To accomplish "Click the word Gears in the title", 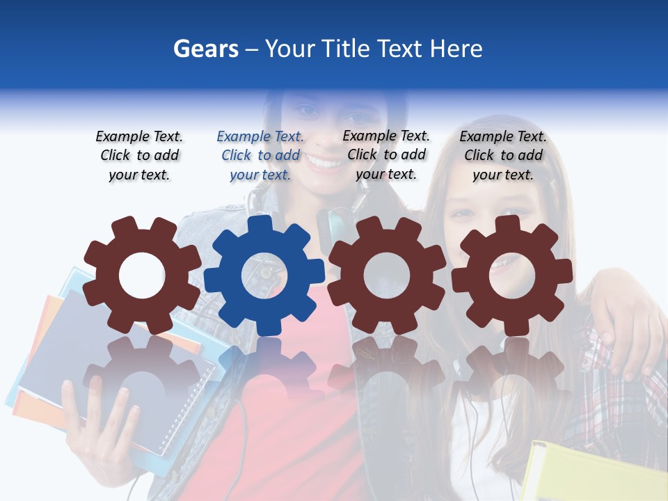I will click(205, 49).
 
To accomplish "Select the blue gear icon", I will click(264, 275).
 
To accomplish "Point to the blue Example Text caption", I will click(260, 156).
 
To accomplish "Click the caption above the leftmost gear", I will click(139, 156).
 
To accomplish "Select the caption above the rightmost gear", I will click(503, 156).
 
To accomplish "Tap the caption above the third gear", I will click(386, 155).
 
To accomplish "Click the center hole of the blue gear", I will click(264, 276).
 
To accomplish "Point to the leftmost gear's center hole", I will click(142, 276).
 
